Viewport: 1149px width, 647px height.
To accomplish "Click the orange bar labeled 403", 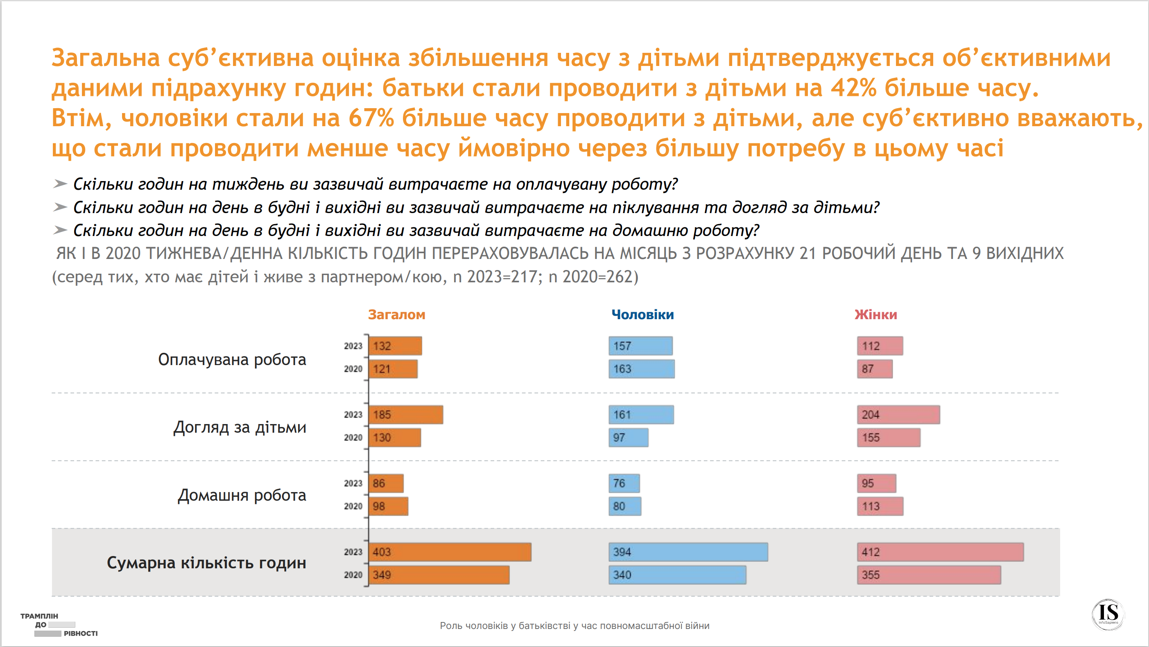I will (450, 552).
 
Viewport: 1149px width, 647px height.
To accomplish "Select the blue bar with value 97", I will (628, 438).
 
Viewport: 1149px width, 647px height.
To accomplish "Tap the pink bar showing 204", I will (898, 415).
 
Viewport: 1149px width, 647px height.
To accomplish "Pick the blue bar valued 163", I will (641, 369).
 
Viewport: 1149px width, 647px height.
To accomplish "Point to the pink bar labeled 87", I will (875, 369).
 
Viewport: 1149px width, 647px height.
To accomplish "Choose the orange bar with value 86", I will (386, 483).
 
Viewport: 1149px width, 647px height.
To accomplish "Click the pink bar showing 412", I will (940, 552).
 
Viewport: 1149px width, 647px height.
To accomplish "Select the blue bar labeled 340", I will (677, 575).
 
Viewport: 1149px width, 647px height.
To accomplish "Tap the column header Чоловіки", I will (642, 315).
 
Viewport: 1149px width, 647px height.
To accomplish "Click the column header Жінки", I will (875, 315).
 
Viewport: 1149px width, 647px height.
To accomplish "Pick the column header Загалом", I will (396, 315).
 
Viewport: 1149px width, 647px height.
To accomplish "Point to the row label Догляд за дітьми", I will (240, 427).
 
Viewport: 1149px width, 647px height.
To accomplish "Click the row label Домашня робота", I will (242, 495).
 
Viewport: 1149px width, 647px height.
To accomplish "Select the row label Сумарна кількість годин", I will (206, 563).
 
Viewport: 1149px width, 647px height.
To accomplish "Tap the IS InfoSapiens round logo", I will (1108, 615).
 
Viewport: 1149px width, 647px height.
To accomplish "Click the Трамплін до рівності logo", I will (59, 625).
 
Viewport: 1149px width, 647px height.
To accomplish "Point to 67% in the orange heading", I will (371, 118).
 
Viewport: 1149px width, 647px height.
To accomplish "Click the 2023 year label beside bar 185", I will (353, 415).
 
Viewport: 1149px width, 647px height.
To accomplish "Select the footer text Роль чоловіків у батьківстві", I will (574, 626).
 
